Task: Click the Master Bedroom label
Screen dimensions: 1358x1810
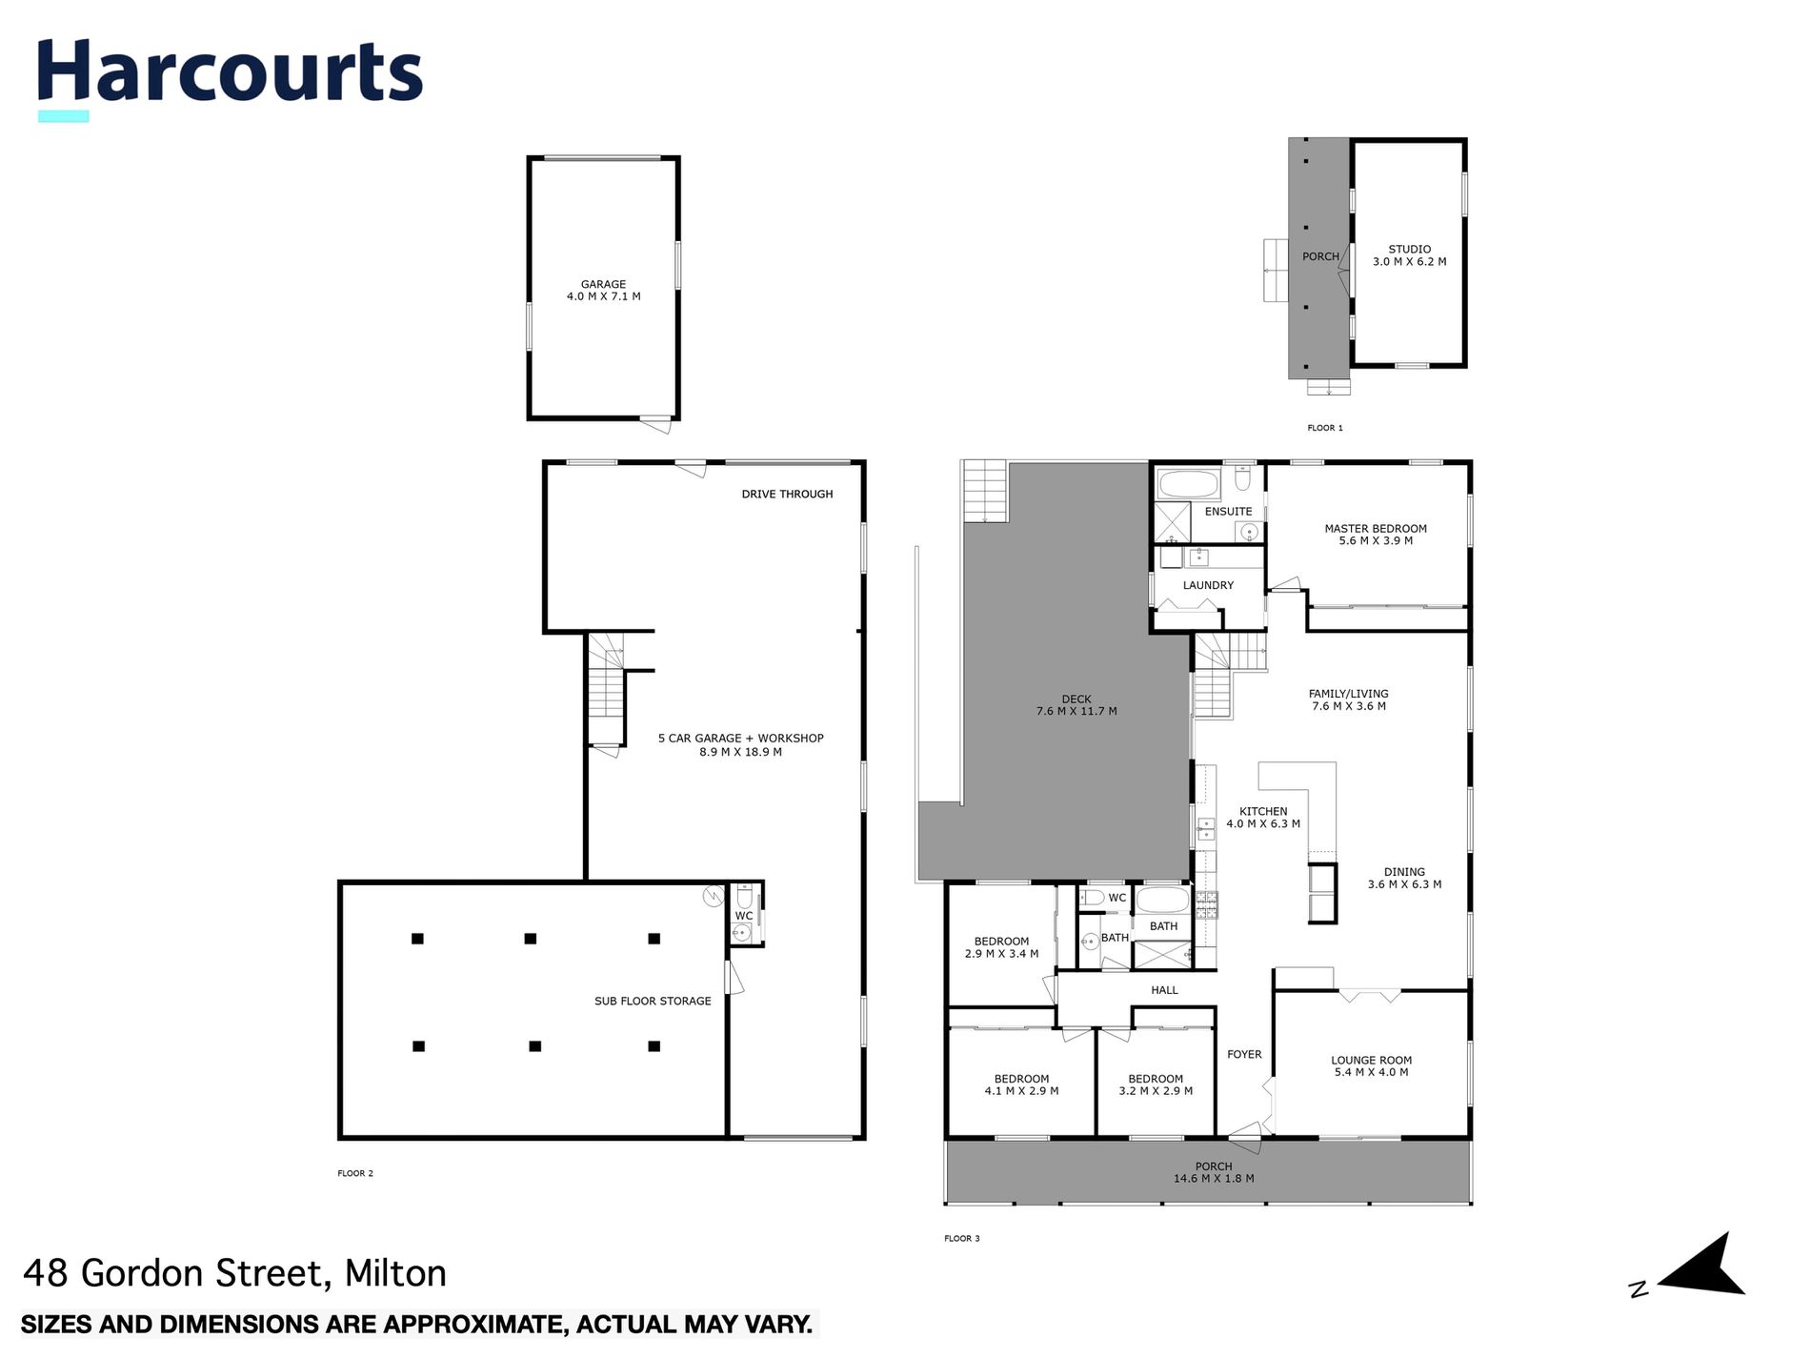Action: pos(1375,535)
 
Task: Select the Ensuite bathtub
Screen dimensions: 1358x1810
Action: pos(1187,484)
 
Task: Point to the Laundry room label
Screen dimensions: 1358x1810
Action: pos(1207,585)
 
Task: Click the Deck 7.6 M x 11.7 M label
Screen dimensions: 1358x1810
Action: pos(1076,705)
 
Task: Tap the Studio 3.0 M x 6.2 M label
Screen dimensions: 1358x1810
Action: pos(1408,255)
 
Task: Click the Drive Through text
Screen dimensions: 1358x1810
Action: pos(787,494)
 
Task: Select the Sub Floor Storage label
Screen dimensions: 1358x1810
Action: pos(653,1001)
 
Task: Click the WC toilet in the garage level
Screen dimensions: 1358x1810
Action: pos(744,897)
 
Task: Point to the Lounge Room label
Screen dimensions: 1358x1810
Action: pos(1371,1065)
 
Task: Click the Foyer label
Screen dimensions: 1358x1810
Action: pos(1243,1054)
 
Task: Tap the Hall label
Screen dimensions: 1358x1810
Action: pos(1164,990)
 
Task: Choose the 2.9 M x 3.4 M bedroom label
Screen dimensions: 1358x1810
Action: pos(1001,947)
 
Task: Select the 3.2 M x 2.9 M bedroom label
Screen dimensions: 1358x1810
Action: pos(1155,1085)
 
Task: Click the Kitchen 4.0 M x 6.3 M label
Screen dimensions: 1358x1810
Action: pos(1262,818)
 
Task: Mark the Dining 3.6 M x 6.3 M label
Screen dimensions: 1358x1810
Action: pos(1403,878)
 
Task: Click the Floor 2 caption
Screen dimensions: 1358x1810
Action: pos(355,1173)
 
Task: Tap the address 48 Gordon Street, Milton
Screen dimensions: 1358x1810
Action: pos(234,1273)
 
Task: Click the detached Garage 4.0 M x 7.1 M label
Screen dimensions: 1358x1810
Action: pos(603,291)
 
